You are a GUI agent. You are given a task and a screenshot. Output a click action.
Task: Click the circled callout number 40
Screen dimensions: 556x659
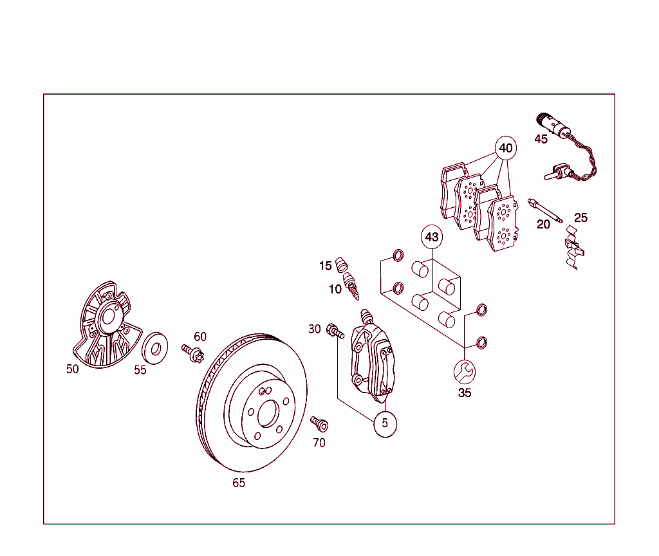click(506, 148)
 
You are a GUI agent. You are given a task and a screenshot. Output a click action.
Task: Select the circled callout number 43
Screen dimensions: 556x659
click(432, 237)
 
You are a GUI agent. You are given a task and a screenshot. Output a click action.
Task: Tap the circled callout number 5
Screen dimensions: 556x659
click(385, 423)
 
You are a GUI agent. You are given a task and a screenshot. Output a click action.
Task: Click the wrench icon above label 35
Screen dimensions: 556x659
click(464, 371)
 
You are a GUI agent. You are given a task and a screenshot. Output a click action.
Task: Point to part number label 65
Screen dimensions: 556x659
click(239, 483)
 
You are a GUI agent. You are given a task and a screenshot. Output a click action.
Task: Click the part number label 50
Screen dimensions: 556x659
click(73, 369)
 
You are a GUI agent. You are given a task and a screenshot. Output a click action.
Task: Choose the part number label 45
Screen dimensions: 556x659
click(541, 139)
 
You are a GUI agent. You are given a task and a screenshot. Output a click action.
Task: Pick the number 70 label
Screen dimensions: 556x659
click(319, 443)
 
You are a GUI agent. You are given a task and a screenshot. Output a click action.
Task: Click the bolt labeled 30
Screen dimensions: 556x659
click(335, 331)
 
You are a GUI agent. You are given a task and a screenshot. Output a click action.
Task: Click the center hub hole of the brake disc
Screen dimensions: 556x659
click(267, 415)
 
